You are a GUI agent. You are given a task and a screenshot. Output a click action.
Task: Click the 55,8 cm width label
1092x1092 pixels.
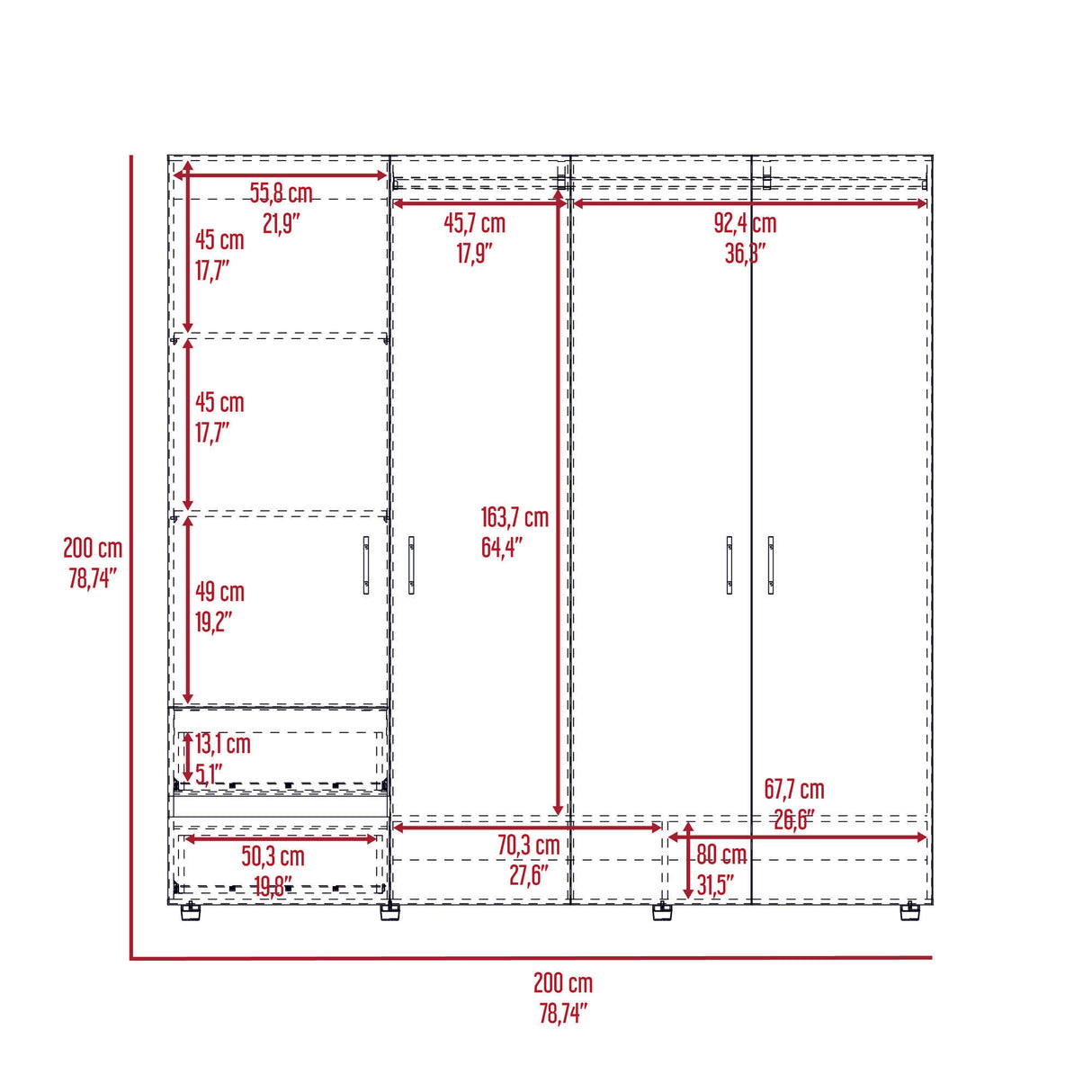pos(281,193)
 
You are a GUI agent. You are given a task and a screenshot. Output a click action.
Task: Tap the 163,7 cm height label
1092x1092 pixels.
pos(514,517)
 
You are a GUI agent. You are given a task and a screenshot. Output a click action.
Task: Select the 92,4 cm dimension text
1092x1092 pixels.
pos(745,224)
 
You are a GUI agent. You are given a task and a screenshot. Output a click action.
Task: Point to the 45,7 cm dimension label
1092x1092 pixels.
pos(474,223)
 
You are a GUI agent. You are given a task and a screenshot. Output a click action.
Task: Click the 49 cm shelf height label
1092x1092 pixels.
pos(219,592)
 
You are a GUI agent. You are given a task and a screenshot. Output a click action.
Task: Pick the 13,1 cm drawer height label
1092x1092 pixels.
pos(223,744)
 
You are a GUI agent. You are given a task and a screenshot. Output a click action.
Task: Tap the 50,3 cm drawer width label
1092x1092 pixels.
pos(273,856)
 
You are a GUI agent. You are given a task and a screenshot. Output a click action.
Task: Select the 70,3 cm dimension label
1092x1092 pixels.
pos(529,846)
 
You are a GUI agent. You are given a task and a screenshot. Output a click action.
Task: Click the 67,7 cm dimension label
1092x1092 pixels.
pos(793,790)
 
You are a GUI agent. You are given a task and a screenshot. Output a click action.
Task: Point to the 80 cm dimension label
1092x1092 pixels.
pos(721,855)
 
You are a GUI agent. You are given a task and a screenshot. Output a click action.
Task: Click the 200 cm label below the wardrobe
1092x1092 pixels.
pos(563,983)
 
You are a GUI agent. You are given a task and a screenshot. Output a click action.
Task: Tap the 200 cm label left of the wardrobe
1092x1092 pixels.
pos(93,548)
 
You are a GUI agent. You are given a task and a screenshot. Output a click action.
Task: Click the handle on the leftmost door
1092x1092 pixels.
pos(366,565)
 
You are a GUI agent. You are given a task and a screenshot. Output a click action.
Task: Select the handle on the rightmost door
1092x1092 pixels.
pos(771,565)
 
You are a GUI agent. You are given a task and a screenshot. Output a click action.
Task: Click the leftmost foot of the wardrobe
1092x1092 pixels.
pos(190,912)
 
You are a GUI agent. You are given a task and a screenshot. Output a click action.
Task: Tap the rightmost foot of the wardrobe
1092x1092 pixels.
pos(910,912)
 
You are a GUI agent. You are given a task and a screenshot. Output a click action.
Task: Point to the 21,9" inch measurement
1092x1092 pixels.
pos(281,223)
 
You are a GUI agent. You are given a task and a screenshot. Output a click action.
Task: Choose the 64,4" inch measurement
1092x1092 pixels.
pos(501,547)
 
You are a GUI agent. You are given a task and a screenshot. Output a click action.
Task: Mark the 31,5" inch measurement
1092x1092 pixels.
pos(715,885)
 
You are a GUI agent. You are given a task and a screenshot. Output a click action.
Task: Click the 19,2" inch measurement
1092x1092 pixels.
pos(213,622)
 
